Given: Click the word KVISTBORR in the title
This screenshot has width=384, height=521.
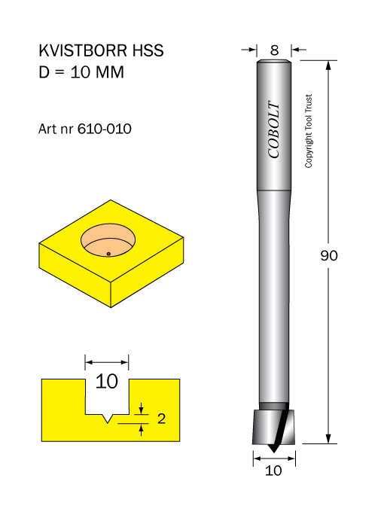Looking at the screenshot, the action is pyautogui.click(x=83, y=50).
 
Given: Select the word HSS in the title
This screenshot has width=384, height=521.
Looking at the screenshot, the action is pyautogui.click(x=148, y=50).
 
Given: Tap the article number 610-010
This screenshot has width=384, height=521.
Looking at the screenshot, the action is pyautogui.click(x=105, y=129).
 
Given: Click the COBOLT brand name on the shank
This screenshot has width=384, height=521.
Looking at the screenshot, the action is pyautogui.click(x=274, y=129).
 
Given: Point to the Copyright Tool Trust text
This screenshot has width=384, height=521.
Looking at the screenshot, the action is pyautogui.click(x=309, y=131).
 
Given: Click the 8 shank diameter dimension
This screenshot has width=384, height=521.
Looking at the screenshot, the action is pyautogui.click(x=274, y=50).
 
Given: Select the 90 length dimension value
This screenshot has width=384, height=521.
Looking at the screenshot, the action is pyautogui.click(x=329, y=255).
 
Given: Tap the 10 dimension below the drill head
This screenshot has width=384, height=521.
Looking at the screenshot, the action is pyautogui.click(x=273, y=471).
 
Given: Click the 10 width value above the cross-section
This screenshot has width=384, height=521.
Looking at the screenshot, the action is pyautogui.click(x=107, y=381).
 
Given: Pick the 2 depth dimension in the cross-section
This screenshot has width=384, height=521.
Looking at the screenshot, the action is pyautogui.click(x=161, y=419).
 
